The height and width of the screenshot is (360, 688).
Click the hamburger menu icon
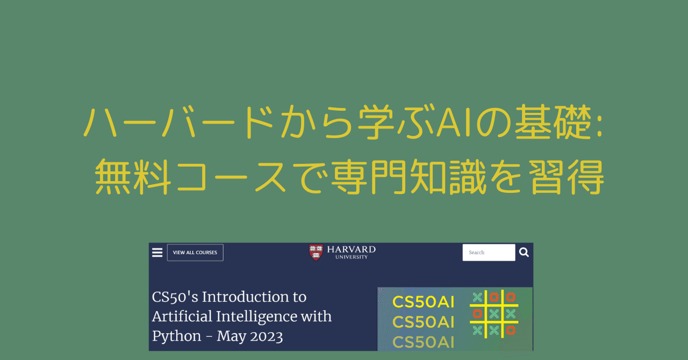(157, 253)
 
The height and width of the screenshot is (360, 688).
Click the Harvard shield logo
(316, 253)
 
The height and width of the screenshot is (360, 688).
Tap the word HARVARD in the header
(351, 250)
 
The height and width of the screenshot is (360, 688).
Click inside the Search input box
(489, 253)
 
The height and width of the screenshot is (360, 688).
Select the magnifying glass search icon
(524, 253)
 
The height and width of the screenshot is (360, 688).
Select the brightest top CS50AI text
(424, 302)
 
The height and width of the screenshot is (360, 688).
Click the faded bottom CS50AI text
(424, 341)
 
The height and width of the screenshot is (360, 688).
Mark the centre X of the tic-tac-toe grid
(494, 313)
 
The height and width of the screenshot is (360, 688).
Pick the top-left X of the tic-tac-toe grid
(477, 297)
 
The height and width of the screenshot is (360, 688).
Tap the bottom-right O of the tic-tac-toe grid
(511, 329)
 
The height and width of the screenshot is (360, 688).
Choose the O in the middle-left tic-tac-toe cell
(477, 313)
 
